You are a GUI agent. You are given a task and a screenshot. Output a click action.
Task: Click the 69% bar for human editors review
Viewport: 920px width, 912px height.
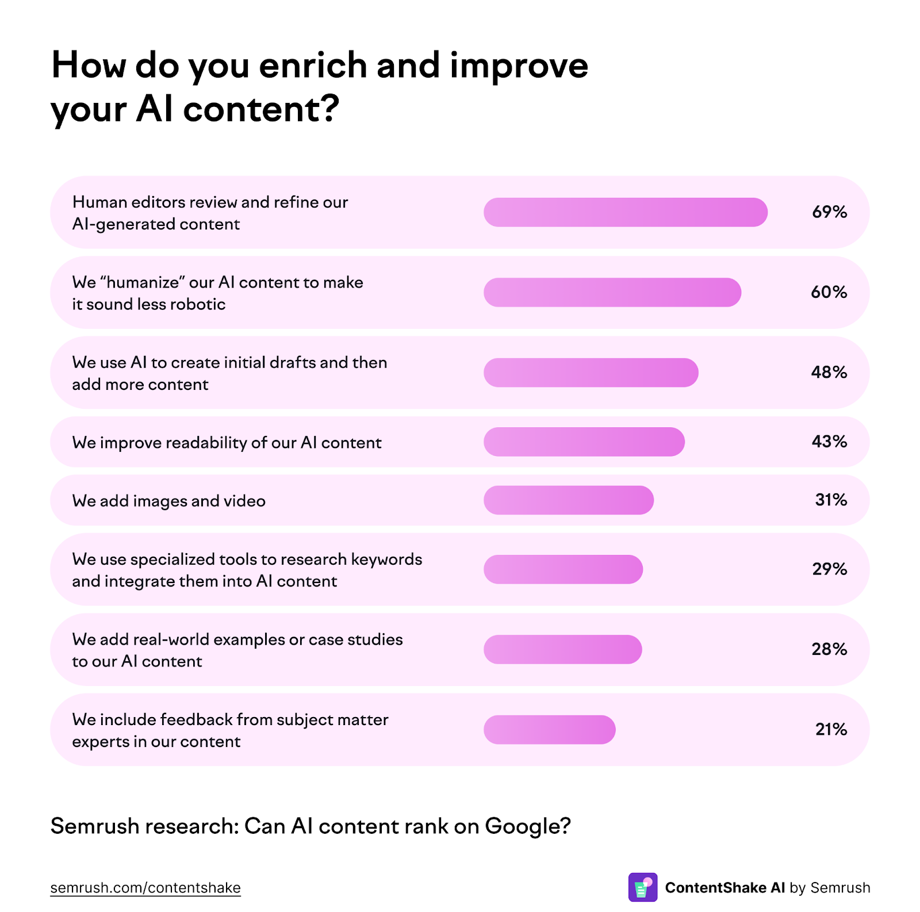click(x=625, y=212)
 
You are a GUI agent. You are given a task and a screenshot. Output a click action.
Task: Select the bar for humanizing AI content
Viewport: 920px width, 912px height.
click(x=612, y=292)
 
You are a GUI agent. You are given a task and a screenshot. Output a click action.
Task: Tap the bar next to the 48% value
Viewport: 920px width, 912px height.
click(x=591, y=373)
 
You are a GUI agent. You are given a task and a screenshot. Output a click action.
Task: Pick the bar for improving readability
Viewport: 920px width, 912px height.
click(x=584, y=442)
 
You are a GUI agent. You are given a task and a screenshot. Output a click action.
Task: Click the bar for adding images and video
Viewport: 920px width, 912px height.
click(x=568, y=500)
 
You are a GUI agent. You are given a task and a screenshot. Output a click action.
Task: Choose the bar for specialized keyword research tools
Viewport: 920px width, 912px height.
click(x=563, y=569)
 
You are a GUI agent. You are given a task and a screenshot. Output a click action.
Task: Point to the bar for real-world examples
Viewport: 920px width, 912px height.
click(x=562, y=649)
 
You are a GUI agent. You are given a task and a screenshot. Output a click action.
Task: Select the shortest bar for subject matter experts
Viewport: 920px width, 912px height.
click(x=549, y=730)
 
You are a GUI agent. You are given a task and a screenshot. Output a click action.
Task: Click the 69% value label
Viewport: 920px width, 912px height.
click(x=829, y=212)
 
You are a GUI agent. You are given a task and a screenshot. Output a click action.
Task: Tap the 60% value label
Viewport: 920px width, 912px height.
click(x=829, y=292)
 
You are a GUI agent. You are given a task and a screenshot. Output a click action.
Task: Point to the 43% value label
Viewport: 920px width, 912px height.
click(x=829, y=442)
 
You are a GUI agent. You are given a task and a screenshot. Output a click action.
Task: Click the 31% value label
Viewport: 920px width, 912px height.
click(x=831, y=500)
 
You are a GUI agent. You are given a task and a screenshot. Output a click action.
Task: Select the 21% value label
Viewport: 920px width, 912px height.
click(x=831, y=730)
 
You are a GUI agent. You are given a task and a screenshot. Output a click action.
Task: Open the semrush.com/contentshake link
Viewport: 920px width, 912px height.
click(x=145, y=888)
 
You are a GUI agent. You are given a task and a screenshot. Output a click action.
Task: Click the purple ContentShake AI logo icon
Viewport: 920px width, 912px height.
click(x=642, y=887)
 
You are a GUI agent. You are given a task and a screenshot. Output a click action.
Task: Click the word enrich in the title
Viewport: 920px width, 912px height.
click(x=313, y=65)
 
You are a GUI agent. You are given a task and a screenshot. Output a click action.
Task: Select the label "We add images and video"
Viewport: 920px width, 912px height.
click(x=168, y=501)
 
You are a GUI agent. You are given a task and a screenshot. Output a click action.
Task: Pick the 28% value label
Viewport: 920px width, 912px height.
click(x=829, y=649)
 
